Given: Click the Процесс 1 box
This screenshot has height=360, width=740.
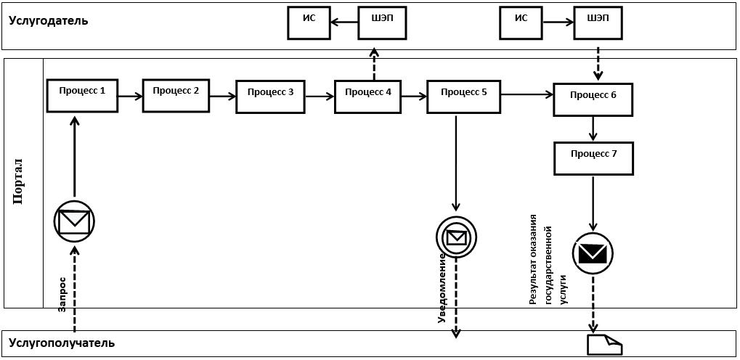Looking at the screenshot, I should coord(82,95).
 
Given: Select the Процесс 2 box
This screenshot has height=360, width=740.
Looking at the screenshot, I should coord(175,95).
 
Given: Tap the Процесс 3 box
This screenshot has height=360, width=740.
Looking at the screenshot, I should coord(269,96).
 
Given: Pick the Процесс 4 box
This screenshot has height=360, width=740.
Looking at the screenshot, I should coord(367,96).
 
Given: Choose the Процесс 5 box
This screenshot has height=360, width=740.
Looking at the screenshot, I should coord(463,96).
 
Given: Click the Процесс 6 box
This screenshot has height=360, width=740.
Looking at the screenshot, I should coord(593,99).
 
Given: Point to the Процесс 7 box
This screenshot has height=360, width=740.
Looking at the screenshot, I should coord(593,157).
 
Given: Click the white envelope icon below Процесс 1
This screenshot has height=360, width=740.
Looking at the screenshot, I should coord(75,221).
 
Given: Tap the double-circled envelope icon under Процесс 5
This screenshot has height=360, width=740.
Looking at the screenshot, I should coord(457,237).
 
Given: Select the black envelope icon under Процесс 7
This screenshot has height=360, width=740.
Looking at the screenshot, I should coord(593,253).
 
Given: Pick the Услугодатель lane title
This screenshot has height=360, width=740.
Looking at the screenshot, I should coord(49,20).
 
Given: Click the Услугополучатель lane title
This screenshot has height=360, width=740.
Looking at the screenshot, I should coord(62,343).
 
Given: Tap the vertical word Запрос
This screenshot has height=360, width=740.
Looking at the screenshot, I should coord(63,294).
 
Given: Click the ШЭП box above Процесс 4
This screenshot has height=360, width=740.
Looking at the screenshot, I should coord(383,22).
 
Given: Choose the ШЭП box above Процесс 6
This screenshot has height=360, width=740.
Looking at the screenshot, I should coord(598,22).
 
